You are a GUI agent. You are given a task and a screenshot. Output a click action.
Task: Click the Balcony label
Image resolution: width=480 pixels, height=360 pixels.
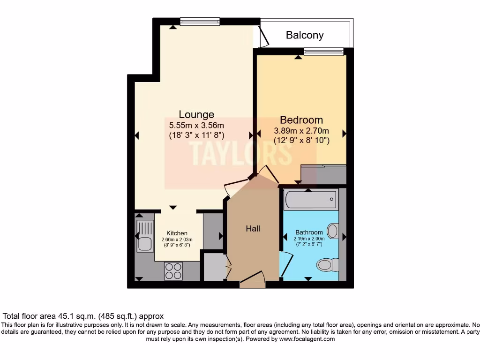[x=305, y=35]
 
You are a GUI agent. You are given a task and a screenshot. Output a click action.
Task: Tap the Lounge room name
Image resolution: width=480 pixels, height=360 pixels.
[x=196, y=114]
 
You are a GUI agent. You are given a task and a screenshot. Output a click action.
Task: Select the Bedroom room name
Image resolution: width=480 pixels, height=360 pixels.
[x=301, y=120]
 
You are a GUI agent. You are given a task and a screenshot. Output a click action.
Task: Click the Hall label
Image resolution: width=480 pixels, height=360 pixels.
[x=253, y=228]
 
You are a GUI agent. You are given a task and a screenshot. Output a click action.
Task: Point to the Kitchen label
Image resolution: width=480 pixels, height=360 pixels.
[x=177, y=233]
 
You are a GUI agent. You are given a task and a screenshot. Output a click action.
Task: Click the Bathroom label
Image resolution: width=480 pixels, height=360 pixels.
[x=309, y=232]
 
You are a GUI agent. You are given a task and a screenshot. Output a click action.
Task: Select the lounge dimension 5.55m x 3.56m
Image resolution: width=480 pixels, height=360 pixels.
[x=196, y=125]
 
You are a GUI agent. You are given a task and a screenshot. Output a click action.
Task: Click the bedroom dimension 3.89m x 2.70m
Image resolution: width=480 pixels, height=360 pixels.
[x=301, y=131]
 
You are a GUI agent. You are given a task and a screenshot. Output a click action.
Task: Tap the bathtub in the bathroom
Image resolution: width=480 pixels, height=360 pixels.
[x=311, y=199]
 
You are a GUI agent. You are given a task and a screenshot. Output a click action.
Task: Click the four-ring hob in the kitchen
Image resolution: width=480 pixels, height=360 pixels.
[x=173, y=271]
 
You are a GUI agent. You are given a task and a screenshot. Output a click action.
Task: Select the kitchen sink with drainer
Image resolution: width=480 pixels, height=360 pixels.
[x=145, y=236]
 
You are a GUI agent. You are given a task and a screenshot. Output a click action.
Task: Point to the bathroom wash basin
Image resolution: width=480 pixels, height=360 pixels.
[x=333, y=231]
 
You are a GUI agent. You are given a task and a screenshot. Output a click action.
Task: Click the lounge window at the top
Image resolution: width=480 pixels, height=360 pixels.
[x=200, y=22]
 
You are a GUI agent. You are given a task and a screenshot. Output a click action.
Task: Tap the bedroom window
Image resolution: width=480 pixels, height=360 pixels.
[x=324, y=51]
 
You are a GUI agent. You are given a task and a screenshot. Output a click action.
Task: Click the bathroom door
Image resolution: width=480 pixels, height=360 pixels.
[x=286, y=264]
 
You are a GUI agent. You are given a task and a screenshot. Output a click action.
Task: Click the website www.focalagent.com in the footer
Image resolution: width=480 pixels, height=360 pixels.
[x=307, y=339]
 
